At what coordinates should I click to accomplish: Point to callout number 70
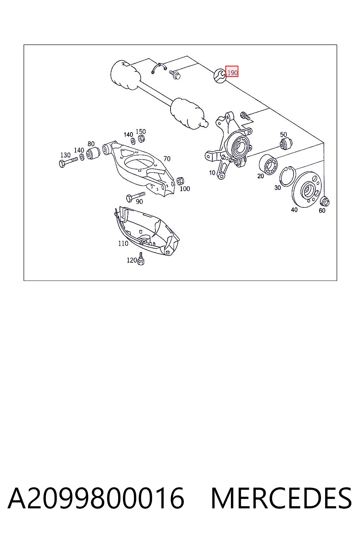click(x=167, y=159)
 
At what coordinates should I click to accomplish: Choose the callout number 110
click(x=123, y=244)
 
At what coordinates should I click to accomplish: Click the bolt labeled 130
click(x=68, y=162)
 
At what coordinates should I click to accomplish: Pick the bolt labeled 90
click(x=135, y=196)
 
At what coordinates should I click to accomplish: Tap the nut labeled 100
click(x=180, y=181)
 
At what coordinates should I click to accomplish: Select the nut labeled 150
click(x=141, y=139)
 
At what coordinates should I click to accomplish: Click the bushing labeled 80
click(x=93, y=153)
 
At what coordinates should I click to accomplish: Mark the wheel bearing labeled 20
click(x=268, y=165)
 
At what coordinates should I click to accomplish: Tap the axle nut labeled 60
click(x=324, y=201)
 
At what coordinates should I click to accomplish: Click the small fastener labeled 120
click(x=141, y=259)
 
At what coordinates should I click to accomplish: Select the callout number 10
click(x=212, y=173)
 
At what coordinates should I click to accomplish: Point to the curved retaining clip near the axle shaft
click(x=159, y=68)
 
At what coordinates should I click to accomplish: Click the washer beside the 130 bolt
click(x=82, y=157)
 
